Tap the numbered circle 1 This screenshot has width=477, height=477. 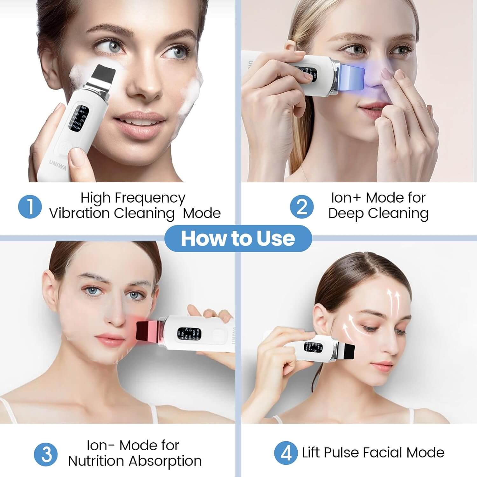tap(30, 207)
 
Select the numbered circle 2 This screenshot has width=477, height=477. tap(302, 207)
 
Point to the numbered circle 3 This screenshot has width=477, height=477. tap(46, 454)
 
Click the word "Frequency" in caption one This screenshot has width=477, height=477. tap(150, 198)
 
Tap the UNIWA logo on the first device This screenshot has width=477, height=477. tap(58, 165)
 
